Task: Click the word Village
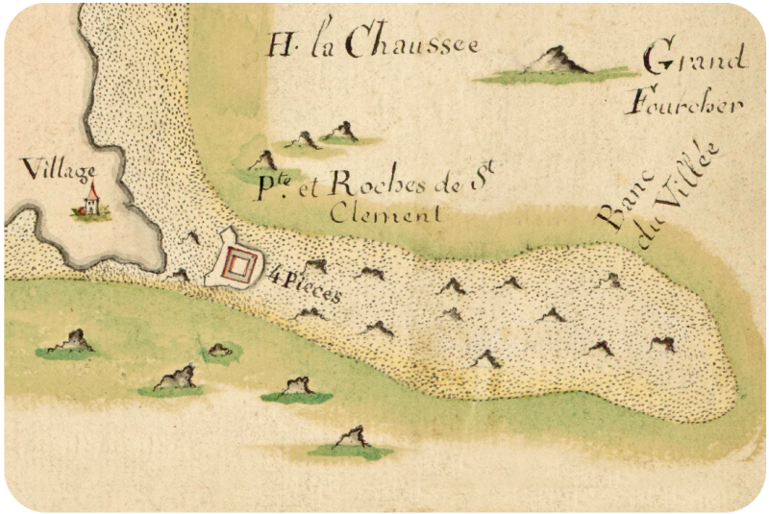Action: coord(60,173)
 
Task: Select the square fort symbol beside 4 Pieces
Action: coord(241,261)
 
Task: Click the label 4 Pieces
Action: coord(304,282)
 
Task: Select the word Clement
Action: coord(385,214)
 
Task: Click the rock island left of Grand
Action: coord(555,62)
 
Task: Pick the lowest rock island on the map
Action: coord(352,440)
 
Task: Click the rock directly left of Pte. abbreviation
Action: coord(260,161)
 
